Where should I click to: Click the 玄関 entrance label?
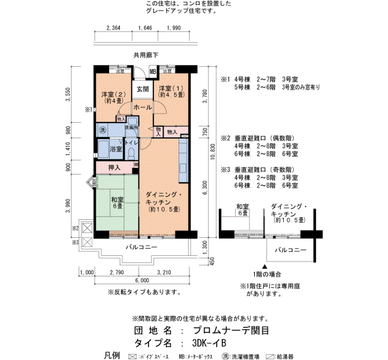(142, 89)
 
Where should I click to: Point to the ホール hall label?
(142, 107)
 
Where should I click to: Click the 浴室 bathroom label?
(116, 149)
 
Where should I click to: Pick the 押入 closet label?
(114, 167)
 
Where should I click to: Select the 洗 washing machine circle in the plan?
(102, 129)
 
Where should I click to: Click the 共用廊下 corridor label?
(146, 55)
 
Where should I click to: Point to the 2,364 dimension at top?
(113, 28)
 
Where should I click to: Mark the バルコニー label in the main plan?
(141, 247)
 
